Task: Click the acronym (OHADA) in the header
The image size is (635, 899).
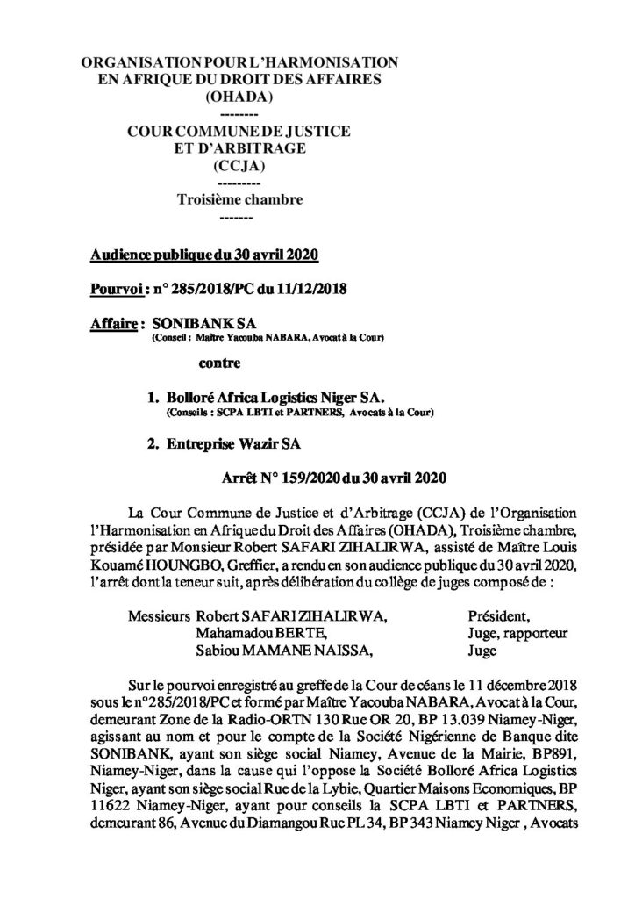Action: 238,96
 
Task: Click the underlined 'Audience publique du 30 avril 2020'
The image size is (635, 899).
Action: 203,255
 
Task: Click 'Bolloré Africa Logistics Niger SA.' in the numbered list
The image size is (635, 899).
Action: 266,397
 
